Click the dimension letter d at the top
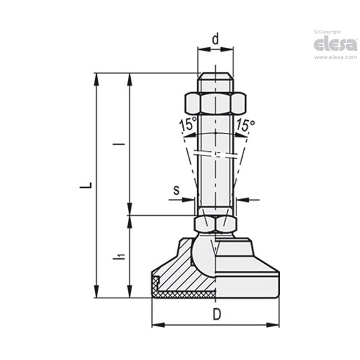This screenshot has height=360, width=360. coord(216,39)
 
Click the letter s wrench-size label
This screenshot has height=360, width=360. coord(176,190)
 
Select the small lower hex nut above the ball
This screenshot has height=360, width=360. coord(215,224)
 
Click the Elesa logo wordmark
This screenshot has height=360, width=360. coord(335,45)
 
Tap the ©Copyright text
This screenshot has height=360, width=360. coord(327,32)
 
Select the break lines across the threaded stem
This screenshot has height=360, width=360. coord(216,154)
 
